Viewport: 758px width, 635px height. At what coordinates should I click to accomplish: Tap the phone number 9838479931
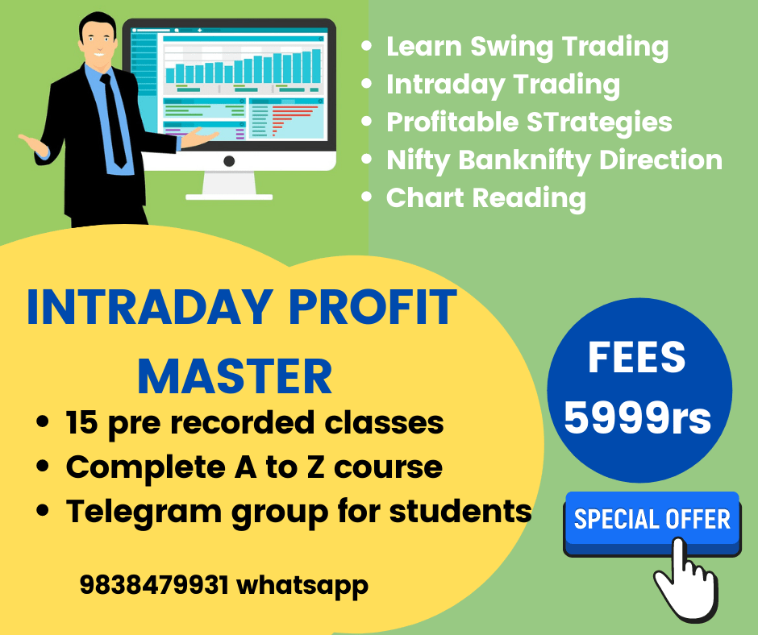tap(154, 585)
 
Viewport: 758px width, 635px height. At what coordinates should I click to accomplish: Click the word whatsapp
tap(302, 586)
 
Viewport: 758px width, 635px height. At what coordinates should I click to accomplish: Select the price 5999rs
tap(638, 417)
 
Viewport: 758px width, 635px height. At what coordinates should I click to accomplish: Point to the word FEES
tap(637, 358)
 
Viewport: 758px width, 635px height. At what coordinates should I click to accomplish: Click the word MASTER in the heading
tap(235, 377)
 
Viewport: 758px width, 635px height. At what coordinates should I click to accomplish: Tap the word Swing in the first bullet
tap(512, 48)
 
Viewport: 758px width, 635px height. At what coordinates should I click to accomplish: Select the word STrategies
tap(599, 122)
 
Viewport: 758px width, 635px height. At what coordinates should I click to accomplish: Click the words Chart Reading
tap(486, 198)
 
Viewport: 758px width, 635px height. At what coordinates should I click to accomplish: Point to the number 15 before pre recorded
tap(81, 423)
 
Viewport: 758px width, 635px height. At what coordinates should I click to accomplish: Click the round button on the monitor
tap(229, 161)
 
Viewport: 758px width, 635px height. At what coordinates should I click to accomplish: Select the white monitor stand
tap(229, 185)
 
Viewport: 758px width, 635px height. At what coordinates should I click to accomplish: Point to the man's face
tap(98, 39)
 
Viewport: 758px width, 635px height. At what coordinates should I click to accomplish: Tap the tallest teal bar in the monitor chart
tap(316, 66)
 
